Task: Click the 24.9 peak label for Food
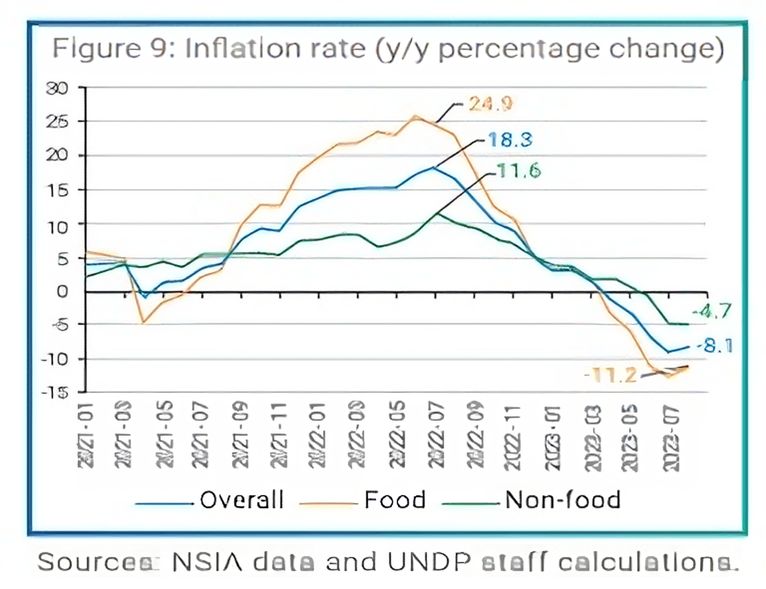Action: click(x=490, y=104)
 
